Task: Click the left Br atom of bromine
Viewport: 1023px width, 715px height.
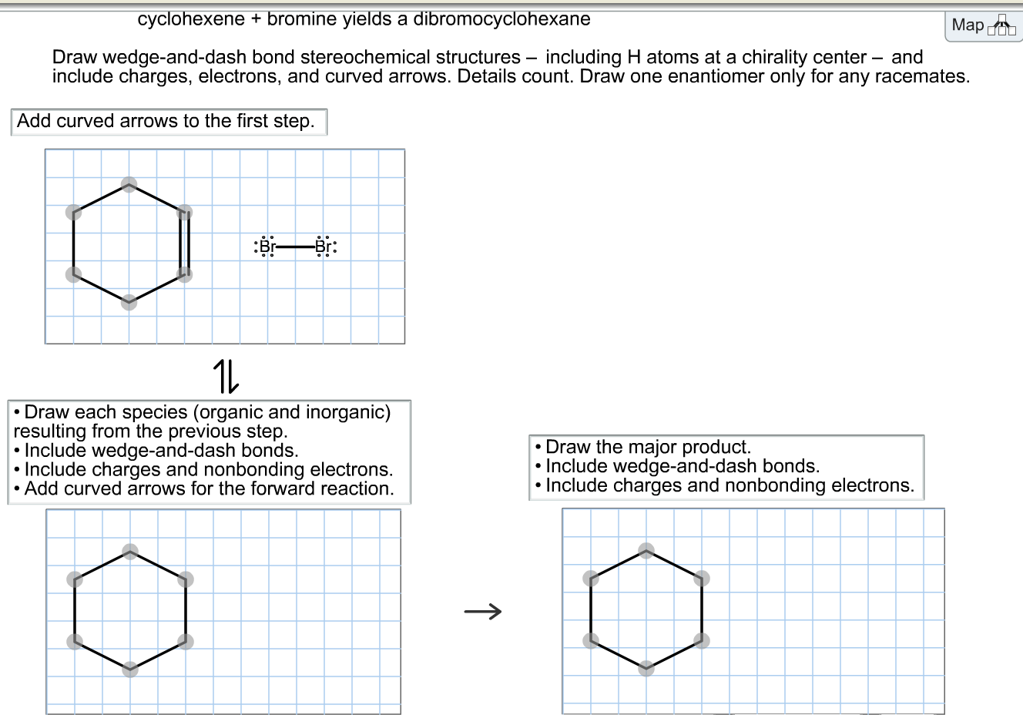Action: tap(267, 247)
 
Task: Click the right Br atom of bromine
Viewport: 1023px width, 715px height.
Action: tap(324, 247)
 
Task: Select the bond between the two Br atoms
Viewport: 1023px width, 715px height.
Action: tap(295, 247)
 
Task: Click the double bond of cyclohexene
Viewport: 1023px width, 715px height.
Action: tap(184, 243)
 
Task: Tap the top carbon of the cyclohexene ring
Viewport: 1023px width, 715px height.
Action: tap(129, 185)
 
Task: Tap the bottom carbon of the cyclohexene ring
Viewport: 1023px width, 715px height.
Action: tap(129, 303)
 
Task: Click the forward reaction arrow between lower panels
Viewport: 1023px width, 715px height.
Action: tap(483, 612)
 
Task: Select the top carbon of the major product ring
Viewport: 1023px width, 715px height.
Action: tap(646, 550)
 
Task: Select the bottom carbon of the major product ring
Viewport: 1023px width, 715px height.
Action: tap(646, 668)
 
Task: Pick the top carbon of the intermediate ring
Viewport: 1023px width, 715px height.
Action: tap(130, 552)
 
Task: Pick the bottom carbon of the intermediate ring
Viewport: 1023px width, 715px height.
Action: tap(130, 669)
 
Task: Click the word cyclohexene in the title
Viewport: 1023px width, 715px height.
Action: tap(190, 19)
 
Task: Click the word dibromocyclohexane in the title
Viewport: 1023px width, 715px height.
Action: tap(501, 19)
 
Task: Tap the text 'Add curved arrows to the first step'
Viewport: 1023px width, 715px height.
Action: tap(166, 121)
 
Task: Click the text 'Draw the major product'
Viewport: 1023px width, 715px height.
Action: tap(647, 447)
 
